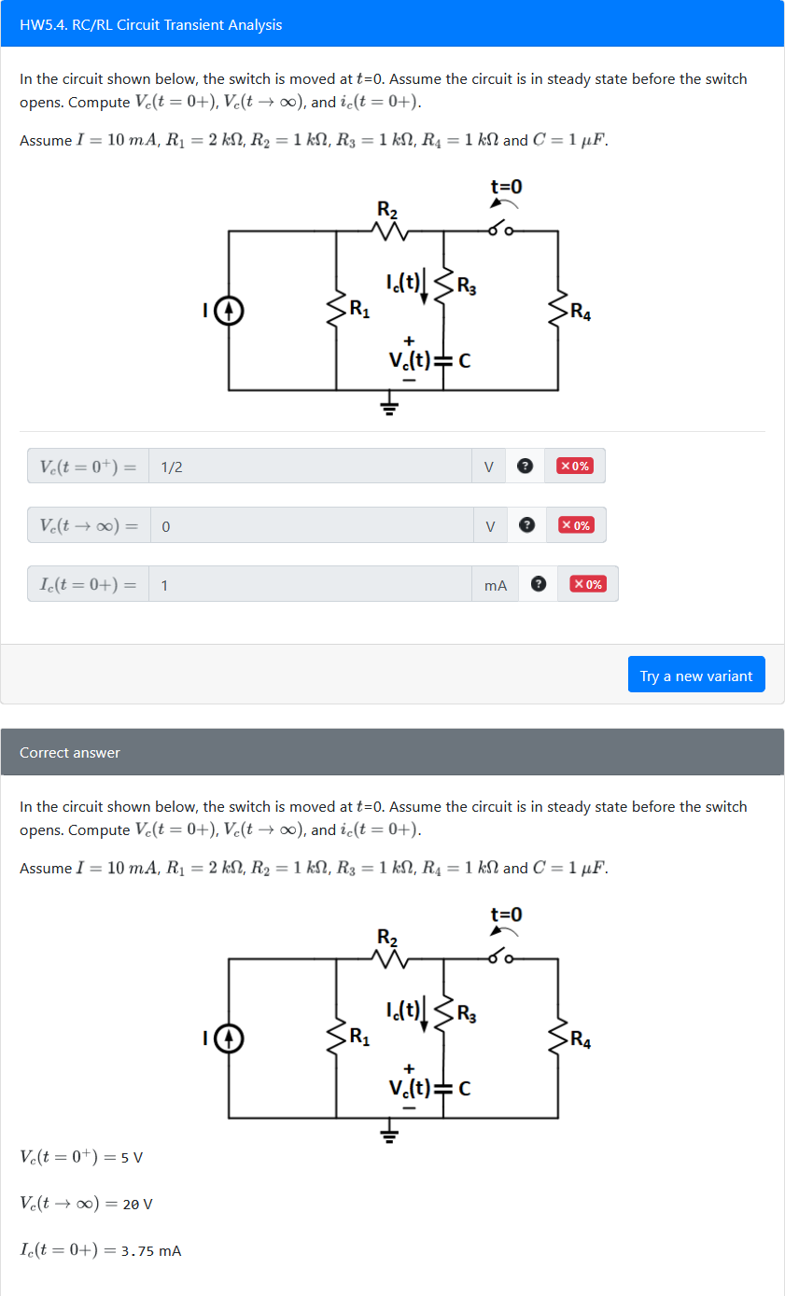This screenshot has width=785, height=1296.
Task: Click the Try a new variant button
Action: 696,676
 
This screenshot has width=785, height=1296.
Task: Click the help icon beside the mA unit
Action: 538,584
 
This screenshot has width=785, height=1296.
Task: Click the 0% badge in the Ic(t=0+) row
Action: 588,584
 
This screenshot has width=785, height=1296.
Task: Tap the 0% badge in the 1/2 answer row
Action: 575,466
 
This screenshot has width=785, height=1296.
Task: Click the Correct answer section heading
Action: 70,752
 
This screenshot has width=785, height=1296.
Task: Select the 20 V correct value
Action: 137,1204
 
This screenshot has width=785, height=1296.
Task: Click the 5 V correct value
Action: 133,1157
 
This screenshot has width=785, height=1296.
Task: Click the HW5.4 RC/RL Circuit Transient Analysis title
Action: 150,24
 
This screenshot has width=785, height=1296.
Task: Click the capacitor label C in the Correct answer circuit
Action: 464,1087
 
